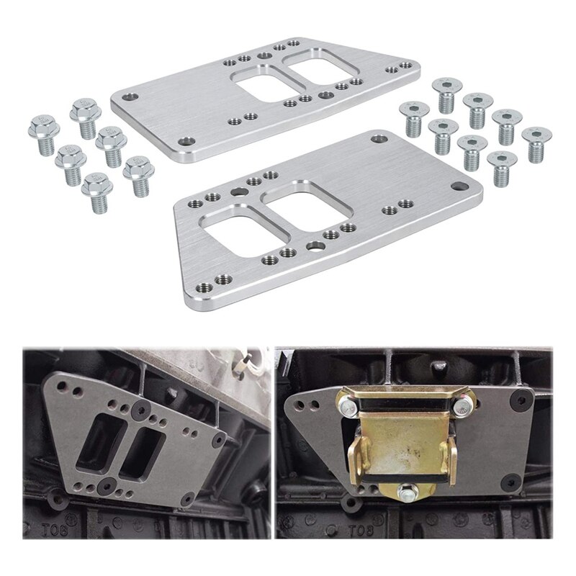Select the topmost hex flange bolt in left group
click(84, 117)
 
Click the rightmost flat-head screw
click(534, 143)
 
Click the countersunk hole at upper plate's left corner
click(130, 96)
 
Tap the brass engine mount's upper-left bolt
click(348, 408)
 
